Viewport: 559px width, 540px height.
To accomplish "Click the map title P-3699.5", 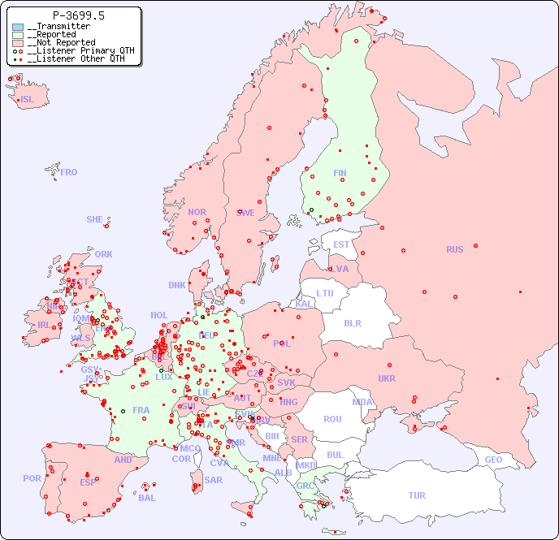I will click(78, 15).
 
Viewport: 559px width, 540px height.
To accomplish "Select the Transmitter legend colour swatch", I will click(18, 27).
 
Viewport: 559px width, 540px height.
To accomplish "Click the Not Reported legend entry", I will click(61, 42).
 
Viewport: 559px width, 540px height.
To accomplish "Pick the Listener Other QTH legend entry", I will click(76, 58).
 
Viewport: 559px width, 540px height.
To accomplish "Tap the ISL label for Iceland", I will click(28, 100).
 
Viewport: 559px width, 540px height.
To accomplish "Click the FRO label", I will click(69, 172).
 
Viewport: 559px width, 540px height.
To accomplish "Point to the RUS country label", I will click(454, 249).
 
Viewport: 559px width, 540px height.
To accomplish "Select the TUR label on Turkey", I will click(417, 495).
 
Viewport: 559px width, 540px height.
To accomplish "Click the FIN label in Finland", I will click(340, 173).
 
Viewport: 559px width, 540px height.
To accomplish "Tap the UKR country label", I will click(387, 378).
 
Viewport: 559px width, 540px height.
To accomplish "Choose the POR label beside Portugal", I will click(32, 478).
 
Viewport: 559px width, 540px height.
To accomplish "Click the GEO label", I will click(493, 460).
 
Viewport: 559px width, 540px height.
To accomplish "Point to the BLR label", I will click(352, 322).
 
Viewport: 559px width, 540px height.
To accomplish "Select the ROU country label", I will click(332, 419).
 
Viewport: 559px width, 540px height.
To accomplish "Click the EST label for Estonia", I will click(341, 244).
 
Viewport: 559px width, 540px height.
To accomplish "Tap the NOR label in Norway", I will click(197, 212).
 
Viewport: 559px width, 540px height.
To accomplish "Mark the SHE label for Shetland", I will click(95, 219).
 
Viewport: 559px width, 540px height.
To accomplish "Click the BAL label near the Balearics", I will click(146, 498).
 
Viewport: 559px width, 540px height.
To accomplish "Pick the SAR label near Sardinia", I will click(214, 480).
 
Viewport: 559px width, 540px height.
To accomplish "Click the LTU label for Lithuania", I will click(325, 293).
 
